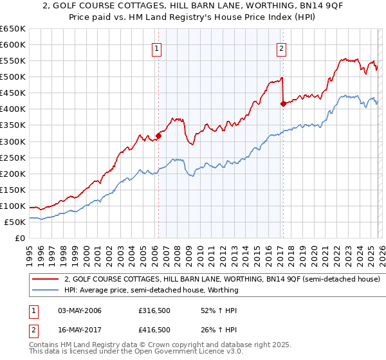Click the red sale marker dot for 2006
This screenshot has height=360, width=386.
158,136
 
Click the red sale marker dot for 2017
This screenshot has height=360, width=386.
283,103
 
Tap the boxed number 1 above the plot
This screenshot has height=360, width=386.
158,48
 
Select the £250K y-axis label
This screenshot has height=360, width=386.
13,157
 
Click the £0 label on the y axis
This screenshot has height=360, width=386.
19,238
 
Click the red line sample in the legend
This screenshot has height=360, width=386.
46,280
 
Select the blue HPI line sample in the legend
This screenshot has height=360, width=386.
46,290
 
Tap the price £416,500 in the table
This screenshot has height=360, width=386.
154,330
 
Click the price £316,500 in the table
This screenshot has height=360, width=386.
154,310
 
